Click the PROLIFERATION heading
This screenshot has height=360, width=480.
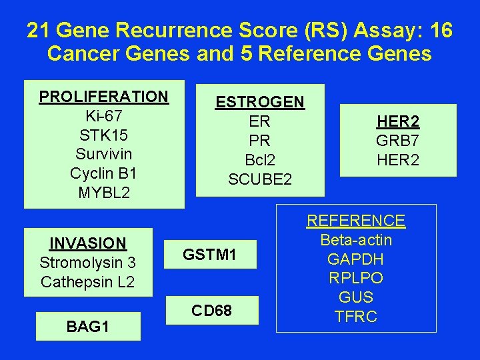click(103, 97)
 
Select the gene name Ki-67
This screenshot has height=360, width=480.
click(103, 116)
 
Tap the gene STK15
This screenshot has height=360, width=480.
click(103, 135)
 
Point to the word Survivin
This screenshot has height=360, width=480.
click(103, 155)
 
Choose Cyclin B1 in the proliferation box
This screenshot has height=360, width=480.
click(103, 174)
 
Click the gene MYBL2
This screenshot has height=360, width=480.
click(103, 193)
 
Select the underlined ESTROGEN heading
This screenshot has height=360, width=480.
click(259, 102)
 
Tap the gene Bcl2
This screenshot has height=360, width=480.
click(259, 160)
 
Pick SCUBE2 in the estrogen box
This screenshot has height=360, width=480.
click(259, 179)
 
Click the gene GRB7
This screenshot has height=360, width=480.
click(398, 141)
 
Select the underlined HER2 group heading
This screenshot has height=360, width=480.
click(398, 121)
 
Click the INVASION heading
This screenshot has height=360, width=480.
click(87, 243)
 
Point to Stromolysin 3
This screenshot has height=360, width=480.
click(87, 263)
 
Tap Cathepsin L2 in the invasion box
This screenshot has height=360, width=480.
click(87, 282)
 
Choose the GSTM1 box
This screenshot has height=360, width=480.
click(210, 254)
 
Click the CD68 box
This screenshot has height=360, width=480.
click(211, 311)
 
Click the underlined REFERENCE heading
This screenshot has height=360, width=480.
click(355, 221)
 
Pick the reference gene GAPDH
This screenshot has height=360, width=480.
click(355, 259)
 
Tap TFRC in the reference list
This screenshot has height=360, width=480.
click(355, 317)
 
